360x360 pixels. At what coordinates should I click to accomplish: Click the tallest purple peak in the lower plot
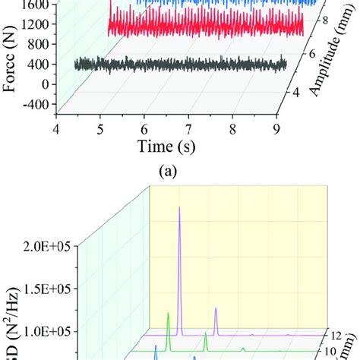[179, 208]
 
